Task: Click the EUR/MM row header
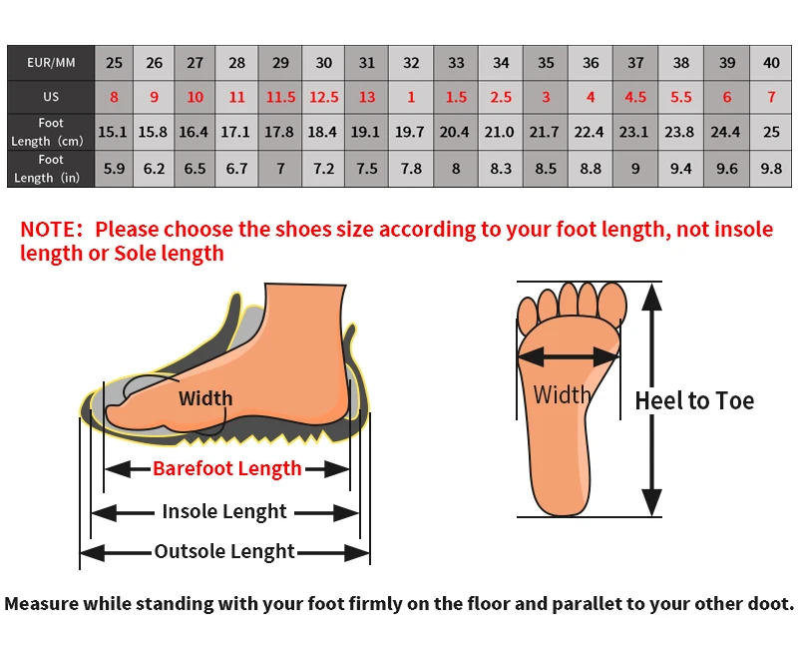coord(51,63)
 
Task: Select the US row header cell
coord(51,98)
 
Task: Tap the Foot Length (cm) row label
coord(51,132)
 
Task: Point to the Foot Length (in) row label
coord(51,169)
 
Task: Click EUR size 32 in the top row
coord(411,63)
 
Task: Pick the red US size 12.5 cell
coord(324,98)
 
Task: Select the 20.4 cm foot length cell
coord(455,132)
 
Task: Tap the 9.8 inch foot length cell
coord(771,169)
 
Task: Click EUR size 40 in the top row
coord(771,63)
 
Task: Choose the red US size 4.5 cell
coord(635,98)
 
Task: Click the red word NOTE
coord(53,230)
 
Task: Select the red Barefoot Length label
coord(226,468)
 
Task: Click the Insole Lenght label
coord(224,512)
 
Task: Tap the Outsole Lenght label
coord(224,551)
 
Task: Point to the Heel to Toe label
coord(695,401)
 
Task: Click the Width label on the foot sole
coord(563,394)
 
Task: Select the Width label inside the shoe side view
coord(205,398)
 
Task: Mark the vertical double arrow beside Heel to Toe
coord(651,399)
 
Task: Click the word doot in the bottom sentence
coord(769,604)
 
